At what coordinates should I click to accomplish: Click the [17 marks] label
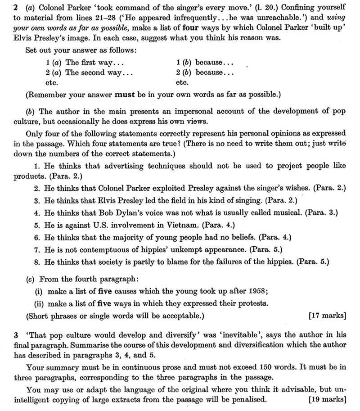click(328, 316)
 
